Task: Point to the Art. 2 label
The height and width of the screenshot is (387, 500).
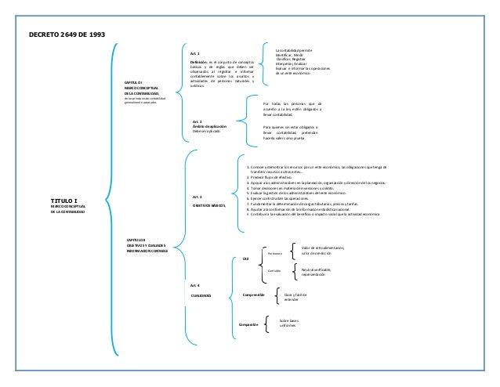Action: pos(197,122)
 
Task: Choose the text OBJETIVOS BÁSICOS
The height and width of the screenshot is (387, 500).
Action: pos(209,204)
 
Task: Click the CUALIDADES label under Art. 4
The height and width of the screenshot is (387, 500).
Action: pos(201,295)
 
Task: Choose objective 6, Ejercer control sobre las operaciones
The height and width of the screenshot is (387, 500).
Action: pos(282,198)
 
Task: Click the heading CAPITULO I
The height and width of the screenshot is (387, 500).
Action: pos(129,81)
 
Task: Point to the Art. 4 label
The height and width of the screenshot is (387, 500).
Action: pos(195,285)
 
